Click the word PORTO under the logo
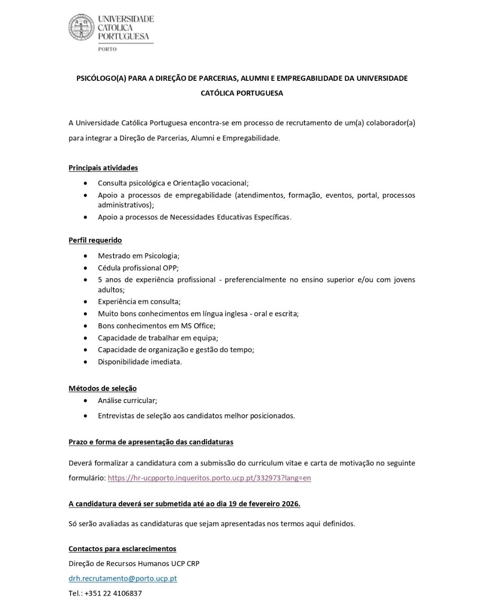click(107, 49)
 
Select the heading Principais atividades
click(103, 168)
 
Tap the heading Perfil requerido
click(95, 240)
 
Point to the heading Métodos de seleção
click(102, 388)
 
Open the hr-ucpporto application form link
click(209, 478)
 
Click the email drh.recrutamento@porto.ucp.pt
click(123, 578)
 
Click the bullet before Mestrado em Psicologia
click(86, 256)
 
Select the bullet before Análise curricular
click(86, 400)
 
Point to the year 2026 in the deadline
click(291, 504)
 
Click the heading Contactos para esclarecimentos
click(122, 549)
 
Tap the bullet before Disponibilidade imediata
click(86, 362)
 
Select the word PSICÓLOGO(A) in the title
click(101, 78)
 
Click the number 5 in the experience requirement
click(100, 280)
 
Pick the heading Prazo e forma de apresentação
click(151, 442)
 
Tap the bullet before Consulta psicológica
click(86, 183)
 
